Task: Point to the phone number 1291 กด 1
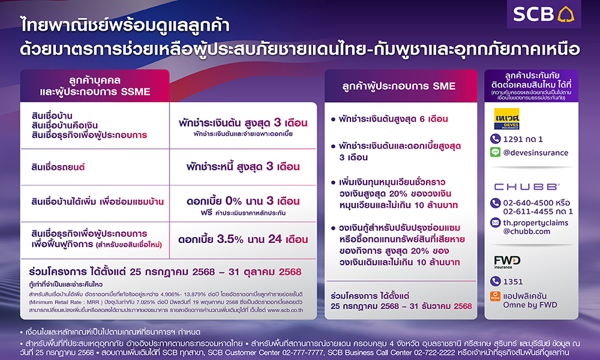(x=523, y=139)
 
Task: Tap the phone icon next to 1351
(x=496, y=281)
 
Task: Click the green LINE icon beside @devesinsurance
(x=496, y=152)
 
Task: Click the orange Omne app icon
(x=496, y=295)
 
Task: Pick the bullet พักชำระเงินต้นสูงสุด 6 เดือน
(x=397, y=119)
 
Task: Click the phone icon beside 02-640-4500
(x=496, y=203)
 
